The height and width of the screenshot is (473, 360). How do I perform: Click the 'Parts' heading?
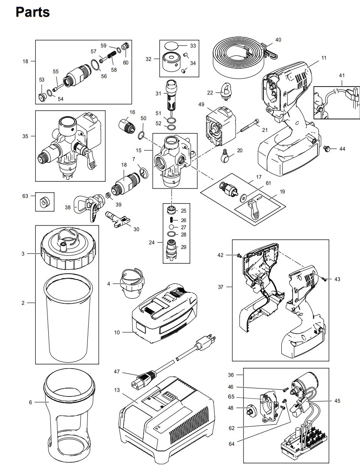(x=32, y=12)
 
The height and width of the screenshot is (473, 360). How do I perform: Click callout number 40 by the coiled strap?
(x=278, y=40)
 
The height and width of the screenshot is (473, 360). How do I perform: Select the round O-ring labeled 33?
(x=172, y=46)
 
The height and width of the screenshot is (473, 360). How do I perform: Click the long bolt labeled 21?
(x=250, y=126)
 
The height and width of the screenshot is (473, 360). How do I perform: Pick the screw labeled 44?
(x=327, y=149)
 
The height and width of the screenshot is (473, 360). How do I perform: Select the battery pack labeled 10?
(x=165, y=313)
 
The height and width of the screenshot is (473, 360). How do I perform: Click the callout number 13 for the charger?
(x=117, y=390)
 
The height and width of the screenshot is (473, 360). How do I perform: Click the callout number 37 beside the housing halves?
(x=221, y=287)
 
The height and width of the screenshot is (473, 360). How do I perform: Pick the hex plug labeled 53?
(x=42, y=97)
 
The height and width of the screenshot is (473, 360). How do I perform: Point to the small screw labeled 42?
(x=239, y=255)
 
